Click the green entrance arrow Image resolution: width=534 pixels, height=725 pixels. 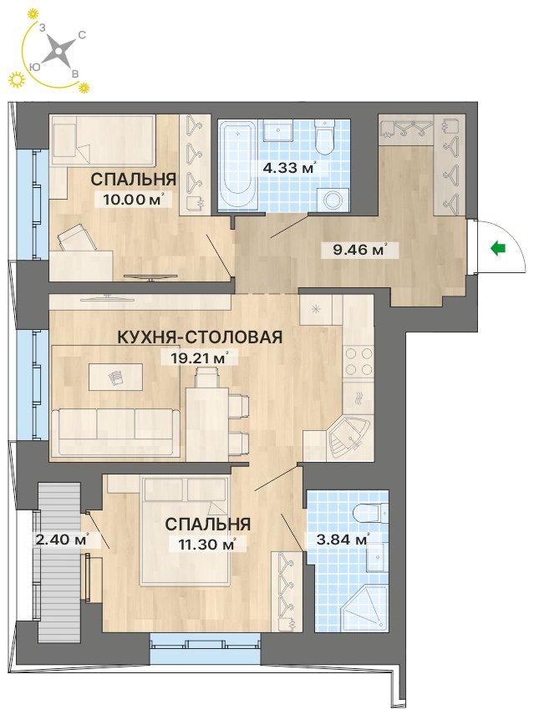coord(498,249)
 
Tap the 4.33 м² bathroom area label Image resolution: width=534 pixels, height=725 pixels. coord(289,167)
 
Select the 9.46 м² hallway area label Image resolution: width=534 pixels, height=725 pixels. coord(359,250)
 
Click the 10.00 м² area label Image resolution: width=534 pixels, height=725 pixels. coord(130,200)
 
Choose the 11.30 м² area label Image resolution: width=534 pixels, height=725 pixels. coord(207,545)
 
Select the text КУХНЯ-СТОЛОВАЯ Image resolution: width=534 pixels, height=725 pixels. coord(200,337)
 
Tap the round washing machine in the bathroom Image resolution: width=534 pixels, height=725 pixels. coord(333,200)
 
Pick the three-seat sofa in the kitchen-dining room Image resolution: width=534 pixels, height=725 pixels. coord(115,433)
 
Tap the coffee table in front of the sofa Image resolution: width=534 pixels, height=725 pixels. coord(115,378)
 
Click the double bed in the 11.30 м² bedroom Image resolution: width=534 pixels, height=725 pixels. coord(186,531)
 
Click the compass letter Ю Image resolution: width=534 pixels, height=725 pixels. coord(33,67)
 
